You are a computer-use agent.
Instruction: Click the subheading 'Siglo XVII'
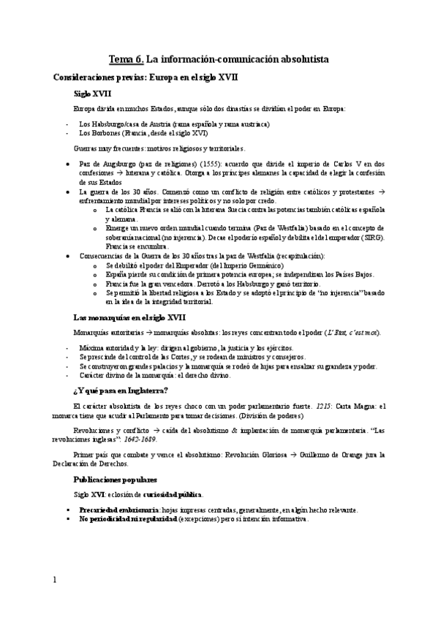pos(91,94)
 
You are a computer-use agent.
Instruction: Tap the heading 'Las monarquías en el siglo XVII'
pos(130,318)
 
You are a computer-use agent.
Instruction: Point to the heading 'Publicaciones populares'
pos(115,480)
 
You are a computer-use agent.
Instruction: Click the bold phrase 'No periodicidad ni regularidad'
pos(122,518)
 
